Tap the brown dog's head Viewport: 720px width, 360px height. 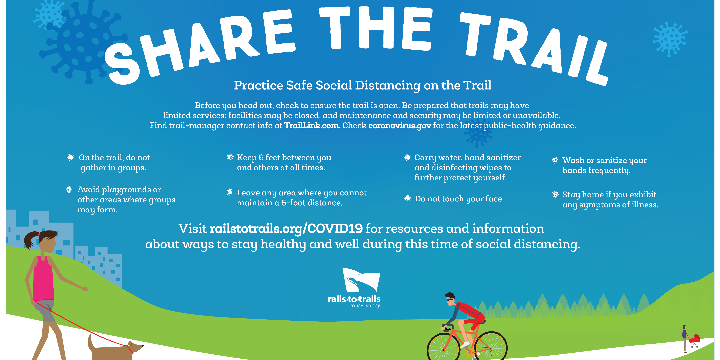pyautogui.click(x=134, y=347)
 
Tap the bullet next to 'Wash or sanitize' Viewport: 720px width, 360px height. pyautogui.click(x=555, y=160)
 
